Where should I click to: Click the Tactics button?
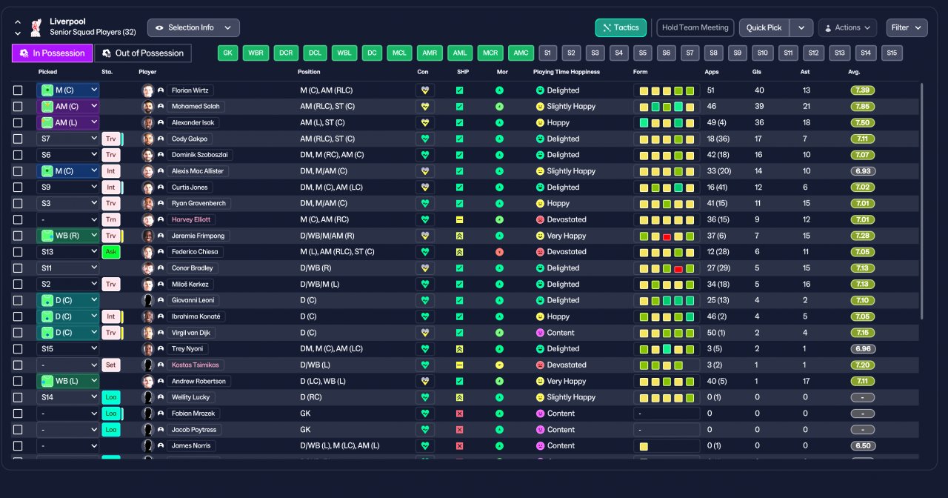pos(621,27)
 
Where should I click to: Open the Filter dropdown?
pos(907,27)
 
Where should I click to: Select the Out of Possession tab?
pos(143,53)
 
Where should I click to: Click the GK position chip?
pos(228,53)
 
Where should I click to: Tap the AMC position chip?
pos(521,53)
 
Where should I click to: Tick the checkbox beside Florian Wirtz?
pos(18,90)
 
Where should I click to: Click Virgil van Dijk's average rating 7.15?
pos(862,333)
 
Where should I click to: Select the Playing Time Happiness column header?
pos(566,72)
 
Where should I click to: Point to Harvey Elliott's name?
pos(191,219)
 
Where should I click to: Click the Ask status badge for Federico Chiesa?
pos(110,252)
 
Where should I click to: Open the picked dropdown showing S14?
pos(67,397)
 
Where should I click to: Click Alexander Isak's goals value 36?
pos(759,123)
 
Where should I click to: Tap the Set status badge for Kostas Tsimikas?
pos(110,365)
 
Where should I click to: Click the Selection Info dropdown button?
pos(193,27)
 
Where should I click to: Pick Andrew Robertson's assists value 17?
pos(806,381)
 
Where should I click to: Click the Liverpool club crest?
pos(36,27)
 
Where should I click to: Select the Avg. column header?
pos(854,72)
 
